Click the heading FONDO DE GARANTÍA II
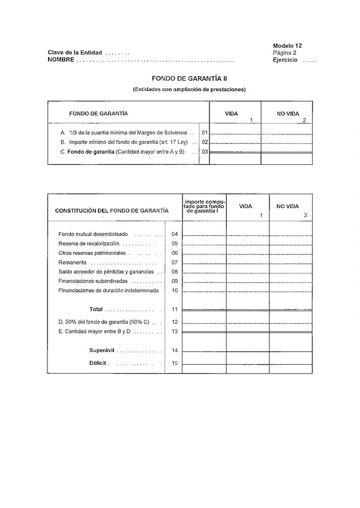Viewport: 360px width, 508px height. [x=189, y=79]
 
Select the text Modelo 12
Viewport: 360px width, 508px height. [x=287, y=46]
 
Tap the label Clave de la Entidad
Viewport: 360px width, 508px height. [x=75, y=53]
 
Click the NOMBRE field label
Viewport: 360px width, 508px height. [x=61, y=60]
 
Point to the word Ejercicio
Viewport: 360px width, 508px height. [x=285, y=60]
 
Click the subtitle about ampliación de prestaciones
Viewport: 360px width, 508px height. [x=189, y=89]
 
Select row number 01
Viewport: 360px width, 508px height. [x=205, y=132]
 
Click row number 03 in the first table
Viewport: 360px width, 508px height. [x=205, y=152]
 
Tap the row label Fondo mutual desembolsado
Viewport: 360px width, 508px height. [x=93, y=234]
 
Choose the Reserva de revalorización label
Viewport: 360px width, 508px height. [x=89, y=244]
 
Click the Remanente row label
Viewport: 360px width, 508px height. [x=73, y=262]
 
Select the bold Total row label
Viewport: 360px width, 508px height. [x=96, y=309]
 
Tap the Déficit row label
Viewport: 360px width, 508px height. [x=99, y=363]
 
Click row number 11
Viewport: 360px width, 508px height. [x=175, y=309]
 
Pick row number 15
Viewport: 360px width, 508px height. [x=175, y=363]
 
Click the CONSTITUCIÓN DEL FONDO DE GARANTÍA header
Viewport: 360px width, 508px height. [x=112, y=211]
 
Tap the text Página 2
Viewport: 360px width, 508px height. [x=284, y=53]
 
